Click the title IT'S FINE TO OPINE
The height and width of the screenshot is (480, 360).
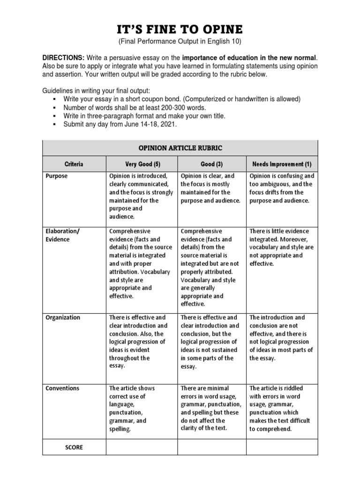pyautogui.click(x=180, y=30)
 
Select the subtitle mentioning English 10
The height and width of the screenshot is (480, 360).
pyautogui.click(x=180, y=42)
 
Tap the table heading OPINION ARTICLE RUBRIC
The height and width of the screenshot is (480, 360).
pyautogui.click(x=180, y=148)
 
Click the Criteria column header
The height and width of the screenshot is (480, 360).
pyautogui.click(x=74, y=165)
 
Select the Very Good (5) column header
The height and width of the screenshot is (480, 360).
pyautogui.click(x=142, y=165)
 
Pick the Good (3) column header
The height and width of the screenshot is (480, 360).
pyautogui.click(x=211, y=165)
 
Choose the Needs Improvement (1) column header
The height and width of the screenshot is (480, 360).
pyautogui.click(x=282, y=165)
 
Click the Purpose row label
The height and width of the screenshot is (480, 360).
pyautogui.click(x=56, y=176)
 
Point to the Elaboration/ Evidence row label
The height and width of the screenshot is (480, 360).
pyautogui.click(x=63, y=235)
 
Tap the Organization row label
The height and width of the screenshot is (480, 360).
pyautogui.click(x=63, y=317)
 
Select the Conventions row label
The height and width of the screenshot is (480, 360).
pyautogui.click(x=62, y=388)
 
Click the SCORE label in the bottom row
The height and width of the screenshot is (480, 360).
pyautogui.click(x=74, y=447)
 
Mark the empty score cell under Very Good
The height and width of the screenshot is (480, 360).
pyautogui.click(x=142, y=447)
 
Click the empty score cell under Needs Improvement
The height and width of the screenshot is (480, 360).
pyautogui.click(x=282, y=447)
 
